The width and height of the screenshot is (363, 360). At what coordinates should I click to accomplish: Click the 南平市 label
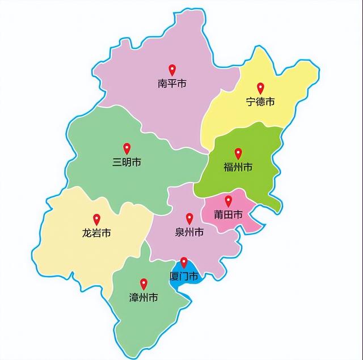[172, 84]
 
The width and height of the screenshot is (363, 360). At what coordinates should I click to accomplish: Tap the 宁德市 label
[260, 102]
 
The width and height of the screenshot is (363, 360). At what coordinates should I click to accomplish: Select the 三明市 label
[126, 163]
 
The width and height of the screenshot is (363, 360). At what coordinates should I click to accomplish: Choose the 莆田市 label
[228, 215]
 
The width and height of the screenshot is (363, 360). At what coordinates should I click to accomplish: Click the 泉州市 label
[189, 232]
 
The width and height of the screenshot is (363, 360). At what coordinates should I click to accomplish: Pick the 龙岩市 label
[96, 233]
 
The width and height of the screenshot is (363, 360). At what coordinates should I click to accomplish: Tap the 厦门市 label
[184, 277]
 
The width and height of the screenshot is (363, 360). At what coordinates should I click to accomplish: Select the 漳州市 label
[143, 298]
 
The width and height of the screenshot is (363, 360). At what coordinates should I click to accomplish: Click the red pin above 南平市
[172, 70]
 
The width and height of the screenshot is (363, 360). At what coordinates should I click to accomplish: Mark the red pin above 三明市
[126, 148]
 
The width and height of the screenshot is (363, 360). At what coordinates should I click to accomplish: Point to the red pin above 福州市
[238, 153]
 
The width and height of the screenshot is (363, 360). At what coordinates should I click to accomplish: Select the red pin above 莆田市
[228, 200]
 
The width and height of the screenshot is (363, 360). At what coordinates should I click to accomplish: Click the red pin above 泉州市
[189, 218]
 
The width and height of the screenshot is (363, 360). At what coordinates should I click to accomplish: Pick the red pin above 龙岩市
[96, 218]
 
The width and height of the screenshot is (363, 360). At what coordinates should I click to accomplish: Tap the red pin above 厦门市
[184, 262]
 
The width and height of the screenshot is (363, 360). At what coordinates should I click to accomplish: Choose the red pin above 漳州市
[143, 283]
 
